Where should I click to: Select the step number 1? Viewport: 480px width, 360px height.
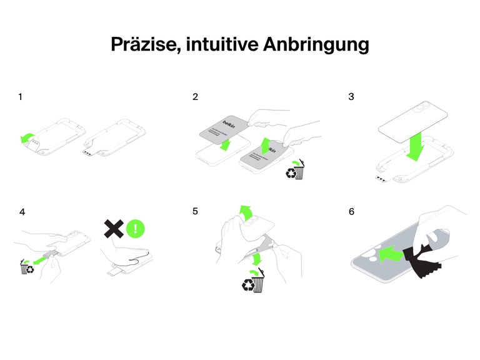pyautogui.click(x=21, y=97)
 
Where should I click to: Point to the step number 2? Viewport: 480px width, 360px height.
pyautogui.click(x=196, y=97)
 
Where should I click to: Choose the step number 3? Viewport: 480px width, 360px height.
pyautogui.click(x=351, y=97)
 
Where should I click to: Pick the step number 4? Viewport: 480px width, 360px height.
pyautogui.click(x=22, y=212)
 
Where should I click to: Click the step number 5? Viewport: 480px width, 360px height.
pyautogui.click(x=196, y=212)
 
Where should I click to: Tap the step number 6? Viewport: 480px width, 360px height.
pyautogui.click(x=351, y=212)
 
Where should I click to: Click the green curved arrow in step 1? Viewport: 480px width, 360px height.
pyautogui.click(x=28, y=138)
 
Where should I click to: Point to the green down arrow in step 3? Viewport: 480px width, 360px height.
pyautogui.click(x=414, y=146)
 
